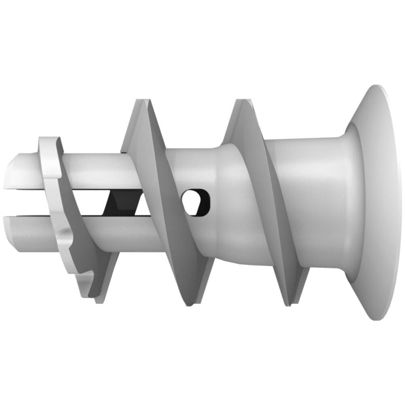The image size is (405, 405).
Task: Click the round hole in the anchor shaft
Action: [x=196, y=201]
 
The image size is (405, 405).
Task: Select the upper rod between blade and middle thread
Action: [x=93, y=171]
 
